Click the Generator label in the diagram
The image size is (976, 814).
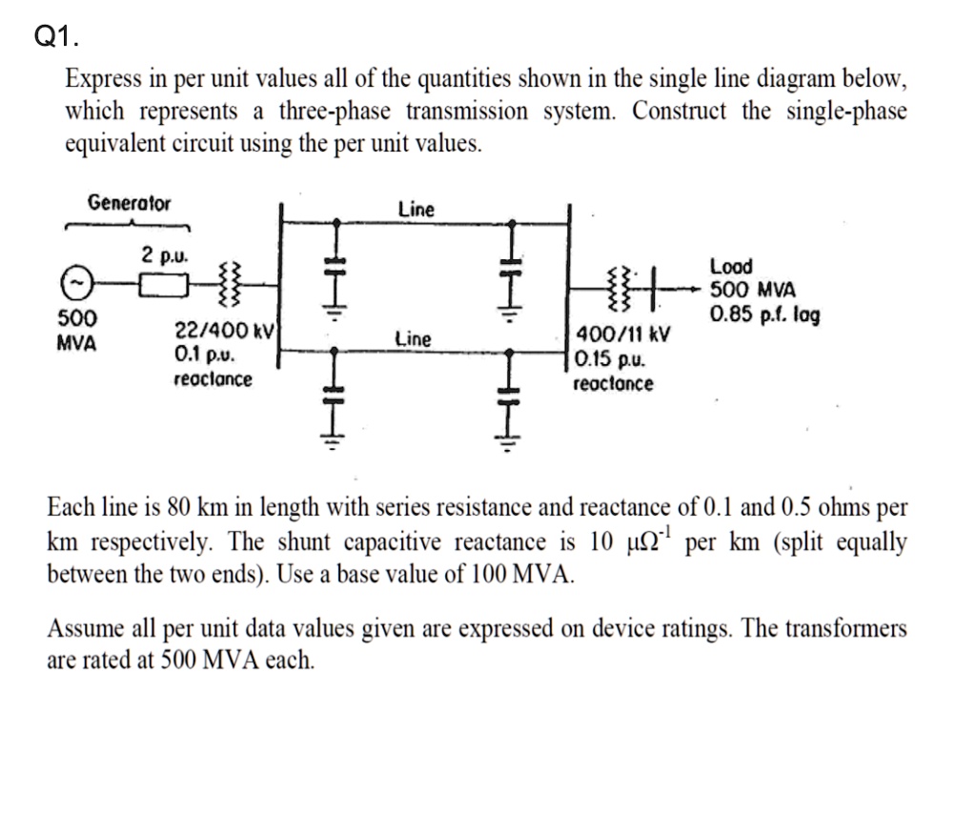(x=130, y=203)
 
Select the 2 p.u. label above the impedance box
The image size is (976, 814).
(x=165, y=254)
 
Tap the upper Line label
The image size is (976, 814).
(x=416, y=209)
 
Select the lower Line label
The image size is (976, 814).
(x=413, y=338)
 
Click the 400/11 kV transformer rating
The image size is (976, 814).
(x=623, y=336)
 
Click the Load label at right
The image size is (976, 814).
(x=731, y=266)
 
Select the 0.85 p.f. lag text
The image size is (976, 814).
(x=763, y=314)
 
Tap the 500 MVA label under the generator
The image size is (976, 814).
(x=76, y=330)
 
